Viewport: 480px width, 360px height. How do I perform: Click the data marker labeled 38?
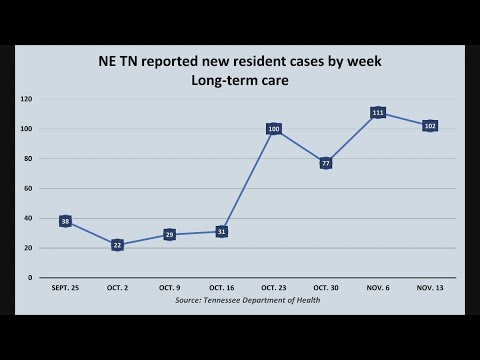tap(65, 221)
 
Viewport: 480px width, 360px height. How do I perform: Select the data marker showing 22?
tap(117, 245)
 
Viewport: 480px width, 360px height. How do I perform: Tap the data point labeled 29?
tap(170, 234)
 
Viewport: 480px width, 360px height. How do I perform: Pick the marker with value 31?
tap(222, 231)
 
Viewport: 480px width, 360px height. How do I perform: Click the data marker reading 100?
tap(274, 129)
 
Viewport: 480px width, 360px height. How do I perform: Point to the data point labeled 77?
tap(326, 163)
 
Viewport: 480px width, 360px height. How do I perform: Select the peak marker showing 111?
tap(378, 113)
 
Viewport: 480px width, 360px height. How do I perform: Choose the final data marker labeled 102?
tap(430, 126)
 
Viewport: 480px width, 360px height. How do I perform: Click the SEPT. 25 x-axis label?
tap(65, 288)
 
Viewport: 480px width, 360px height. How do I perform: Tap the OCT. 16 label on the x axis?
tap(222, 288)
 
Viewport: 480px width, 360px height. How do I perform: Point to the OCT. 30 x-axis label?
tap(326, 288)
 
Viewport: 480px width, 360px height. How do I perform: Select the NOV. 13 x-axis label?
tap(430, 288)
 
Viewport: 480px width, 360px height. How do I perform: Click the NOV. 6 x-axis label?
tap(378, 288)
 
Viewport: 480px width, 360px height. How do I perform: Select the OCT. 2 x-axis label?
tap(117, 288)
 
